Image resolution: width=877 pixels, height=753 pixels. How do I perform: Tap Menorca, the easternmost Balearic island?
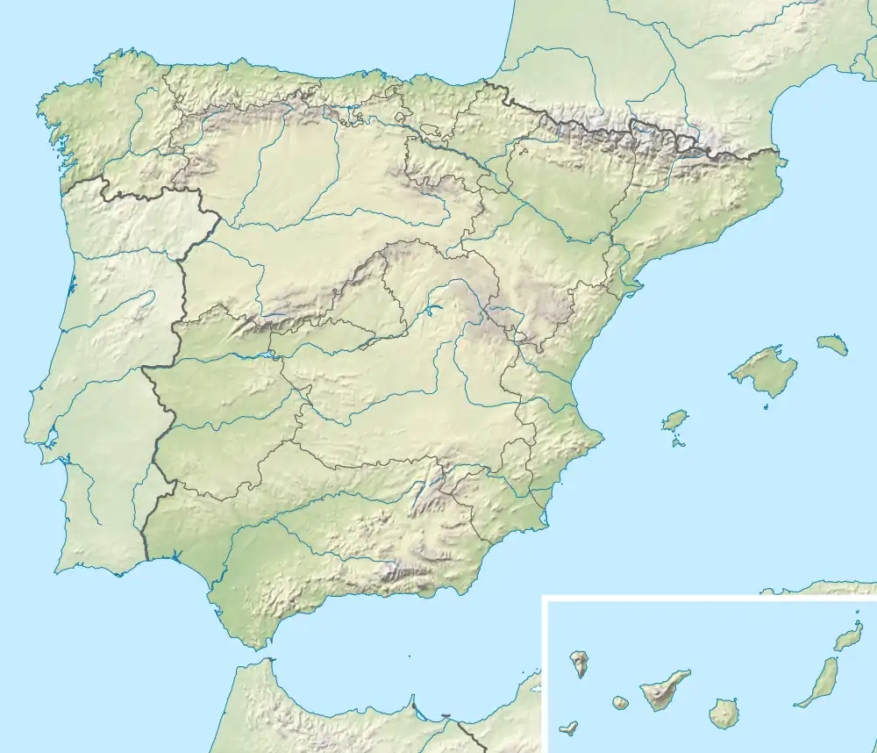(x=833, y=344)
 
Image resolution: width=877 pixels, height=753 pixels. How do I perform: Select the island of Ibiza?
(x=674, y=420)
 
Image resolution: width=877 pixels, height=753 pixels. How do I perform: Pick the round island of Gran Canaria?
(x=724, y=713)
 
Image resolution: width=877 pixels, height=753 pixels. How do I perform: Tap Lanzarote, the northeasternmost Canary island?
(x=848, y=636)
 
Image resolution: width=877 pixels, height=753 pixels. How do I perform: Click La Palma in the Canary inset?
(x=579, y=664)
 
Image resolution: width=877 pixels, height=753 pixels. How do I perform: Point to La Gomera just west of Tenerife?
(x=620, y=704)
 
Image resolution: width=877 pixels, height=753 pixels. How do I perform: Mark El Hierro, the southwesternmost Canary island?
(x=568, y=728)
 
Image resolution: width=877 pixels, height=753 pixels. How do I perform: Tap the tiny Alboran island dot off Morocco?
(x=409, y=656)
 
